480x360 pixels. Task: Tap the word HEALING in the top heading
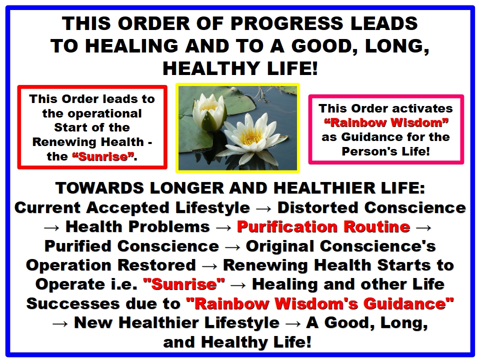click(x=132, y=46)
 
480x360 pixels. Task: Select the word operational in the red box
click(x=92, y=113)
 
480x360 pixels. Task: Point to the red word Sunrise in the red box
click(x=103, y=156)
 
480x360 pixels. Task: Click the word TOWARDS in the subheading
click(x=99, y=188)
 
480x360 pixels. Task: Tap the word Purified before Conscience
click(x=78, y=246)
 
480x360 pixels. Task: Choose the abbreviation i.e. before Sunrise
click(x=124, y=284)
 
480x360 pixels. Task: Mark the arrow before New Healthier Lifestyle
click(x=60, y=324)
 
